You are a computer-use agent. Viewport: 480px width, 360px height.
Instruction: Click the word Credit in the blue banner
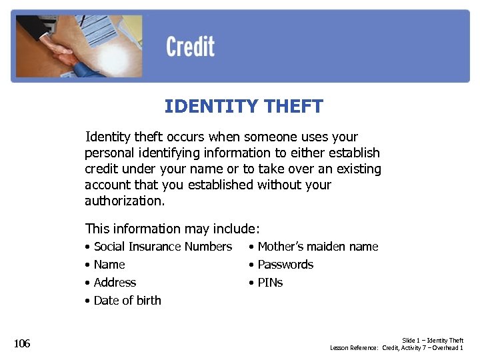click(x=190, y=47)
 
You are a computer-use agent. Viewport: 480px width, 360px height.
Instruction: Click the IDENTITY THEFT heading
click(x=243, y=106)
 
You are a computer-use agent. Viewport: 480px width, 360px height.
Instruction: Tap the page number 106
click(x=22, y=343)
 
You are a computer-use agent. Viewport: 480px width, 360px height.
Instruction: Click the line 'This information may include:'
click(x=172, y=229)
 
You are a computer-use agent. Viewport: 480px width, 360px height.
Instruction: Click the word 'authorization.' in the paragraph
click(x=124, y=201)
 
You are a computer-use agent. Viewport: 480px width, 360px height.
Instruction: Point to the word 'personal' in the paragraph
click(x=109, y=153)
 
